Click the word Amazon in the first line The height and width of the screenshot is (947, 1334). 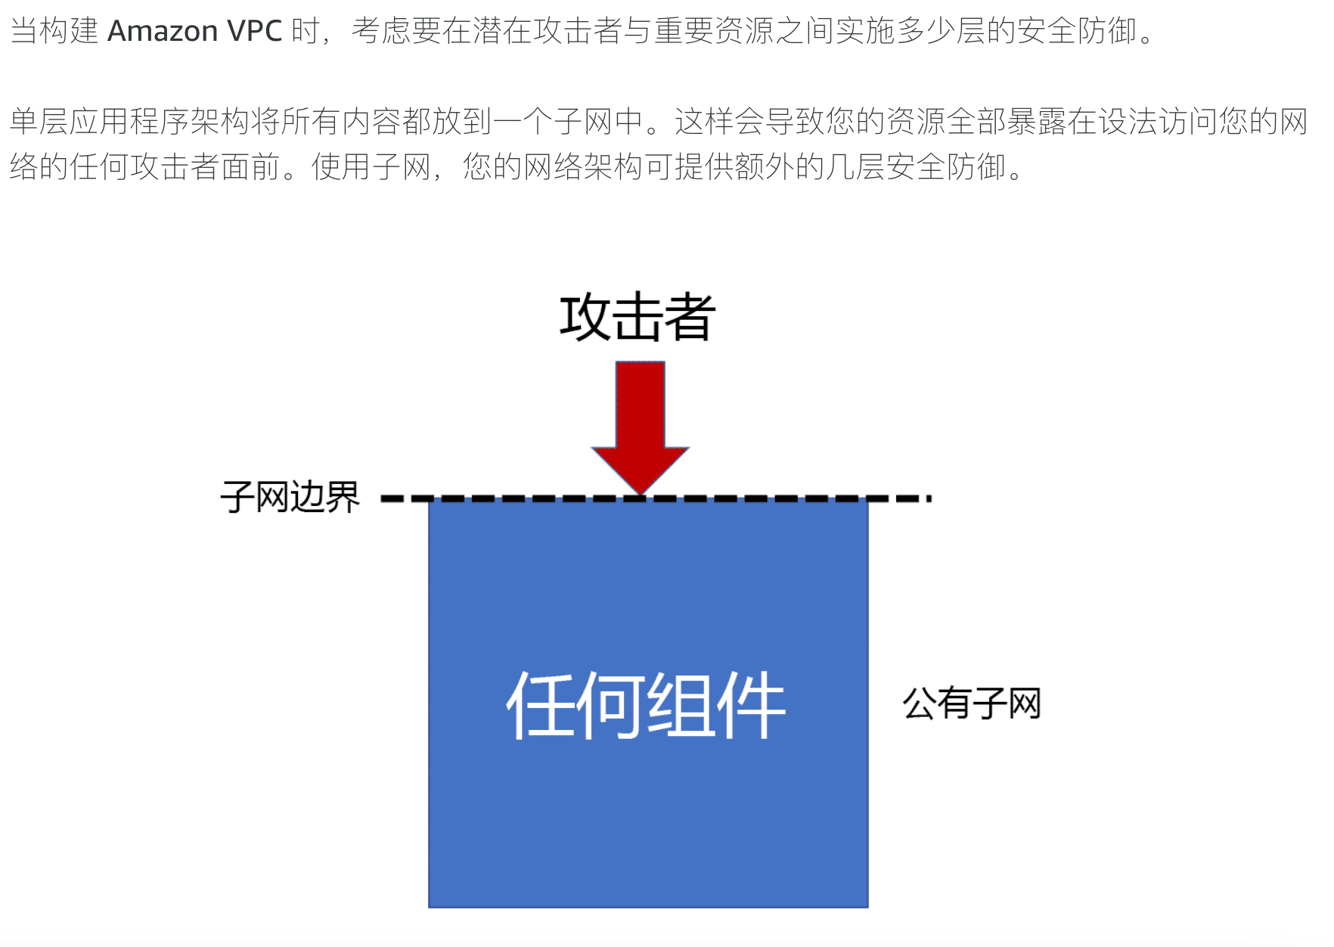tap(163, 31)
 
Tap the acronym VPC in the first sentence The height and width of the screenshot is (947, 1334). tap(254, 31)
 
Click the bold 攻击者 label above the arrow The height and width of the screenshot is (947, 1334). tap(638, 317)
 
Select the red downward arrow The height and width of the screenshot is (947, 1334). tap(641, 424)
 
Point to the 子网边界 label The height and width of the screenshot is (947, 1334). tap(290, 498)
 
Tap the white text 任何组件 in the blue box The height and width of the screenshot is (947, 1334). tap(647, 705)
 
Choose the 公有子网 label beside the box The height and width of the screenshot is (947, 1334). tap(972, 703)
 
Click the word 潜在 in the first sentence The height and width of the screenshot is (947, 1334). tap(503, 31)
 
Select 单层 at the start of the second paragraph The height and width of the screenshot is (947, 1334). tap(39, 121)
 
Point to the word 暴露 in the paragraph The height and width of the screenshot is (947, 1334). tap(1038, 121)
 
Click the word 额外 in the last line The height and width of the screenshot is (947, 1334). tap(765, 166)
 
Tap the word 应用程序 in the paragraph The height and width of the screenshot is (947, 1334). tap(130, 121)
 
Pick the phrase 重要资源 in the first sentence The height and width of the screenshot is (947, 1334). tap(715, 31)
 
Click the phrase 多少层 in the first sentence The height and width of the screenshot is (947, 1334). tap(942, 31)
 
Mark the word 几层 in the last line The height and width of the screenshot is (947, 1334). tap(856, 166)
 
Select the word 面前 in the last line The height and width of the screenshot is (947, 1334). tap(251, 166)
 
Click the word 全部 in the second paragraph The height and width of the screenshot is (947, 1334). tap(977, 121)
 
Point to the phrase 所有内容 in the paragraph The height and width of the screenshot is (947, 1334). tap(342, 121)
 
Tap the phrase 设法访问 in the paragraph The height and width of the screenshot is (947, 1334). tap(1159, 121)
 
